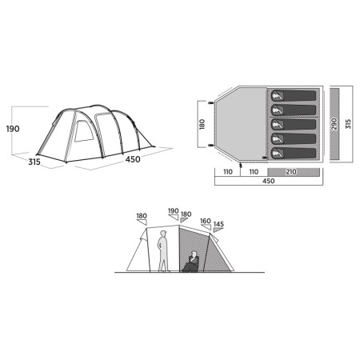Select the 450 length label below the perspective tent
(x=132, y=159)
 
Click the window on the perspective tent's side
(x=82, y=132)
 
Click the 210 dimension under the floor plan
(x=292, y=172)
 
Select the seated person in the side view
(x=193, y=261)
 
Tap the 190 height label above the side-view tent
(x=173, y=212)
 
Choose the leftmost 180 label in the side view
(x=142, y=216)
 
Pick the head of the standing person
(x=162, y=233)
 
